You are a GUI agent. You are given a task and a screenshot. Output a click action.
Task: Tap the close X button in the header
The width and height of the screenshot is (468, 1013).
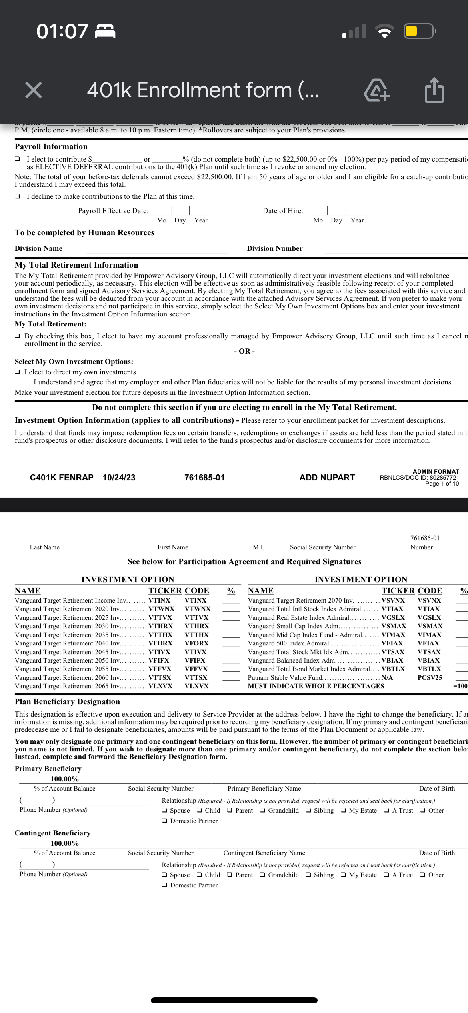(34, 90)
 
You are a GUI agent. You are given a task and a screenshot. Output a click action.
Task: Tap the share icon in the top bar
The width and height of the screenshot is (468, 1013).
(434, 90)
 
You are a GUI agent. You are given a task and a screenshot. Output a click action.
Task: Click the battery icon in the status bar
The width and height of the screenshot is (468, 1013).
(419, 31)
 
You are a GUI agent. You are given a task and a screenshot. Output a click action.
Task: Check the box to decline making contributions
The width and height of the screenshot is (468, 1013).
(18, 196)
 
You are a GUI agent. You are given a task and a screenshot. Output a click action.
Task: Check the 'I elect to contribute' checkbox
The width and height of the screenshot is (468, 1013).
(18, 159)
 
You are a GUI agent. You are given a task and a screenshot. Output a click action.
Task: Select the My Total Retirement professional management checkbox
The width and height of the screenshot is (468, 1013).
(18, 336)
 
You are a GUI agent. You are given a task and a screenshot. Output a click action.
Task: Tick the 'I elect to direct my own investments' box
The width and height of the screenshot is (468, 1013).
(18, 372)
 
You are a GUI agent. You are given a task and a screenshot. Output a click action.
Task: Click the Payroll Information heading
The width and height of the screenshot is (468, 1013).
(51, 146)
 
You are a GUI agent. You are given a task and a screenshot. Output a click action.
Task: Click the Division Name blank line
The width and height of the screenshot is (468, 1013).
(156, 250)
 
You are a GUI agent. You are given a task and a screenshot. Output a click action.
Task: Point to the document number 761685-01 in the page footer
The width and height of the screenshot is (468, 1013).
(204, 478)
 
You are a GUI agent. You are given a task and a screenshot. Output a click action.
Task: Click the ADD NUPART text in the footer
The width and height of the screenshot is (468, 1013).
(327, 478)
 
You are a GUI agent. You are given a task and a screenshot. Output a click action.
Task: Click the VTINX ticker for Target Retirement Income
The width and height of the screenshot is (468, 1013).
(159, 601)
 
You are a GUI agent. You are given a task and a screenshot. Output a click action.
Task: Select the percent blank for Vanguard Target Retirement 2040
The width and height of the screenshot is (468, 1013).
(231, 643)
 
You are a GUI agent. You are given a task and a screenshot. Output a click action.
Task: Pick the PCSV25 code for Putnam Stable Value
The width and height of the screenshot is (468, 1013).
(430, 678)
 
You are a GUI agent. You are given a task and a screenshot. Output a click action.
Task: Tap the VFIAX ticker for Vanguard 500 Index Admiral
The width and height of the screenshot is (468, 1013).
(392, 643)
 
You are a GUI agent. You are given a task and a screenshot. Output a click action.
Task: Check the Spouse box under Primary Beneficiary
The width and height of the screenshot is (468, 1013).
(164, 811)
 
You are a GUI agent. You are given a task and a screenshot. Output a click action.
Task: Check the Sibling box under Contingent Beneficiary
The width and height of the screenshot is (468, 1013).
(308, 875)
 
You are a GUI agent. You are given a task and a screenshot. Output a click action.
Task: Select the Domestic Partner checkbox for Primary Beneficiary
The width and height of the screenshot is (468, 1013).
(164, 821)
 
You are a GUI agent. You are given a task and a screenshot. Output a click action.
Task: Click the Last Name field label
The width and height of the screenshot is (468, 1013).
(44, 547)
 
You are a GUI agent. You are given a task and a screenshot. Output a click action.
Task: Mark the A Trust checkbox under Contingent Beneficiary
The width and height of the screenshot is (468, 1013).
(386, 875)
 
